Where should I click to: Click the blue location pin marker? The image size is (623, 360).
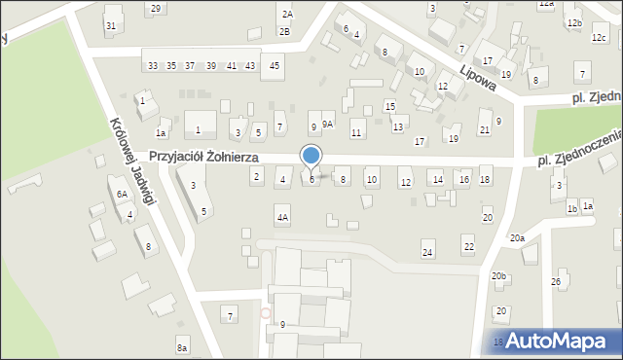311,157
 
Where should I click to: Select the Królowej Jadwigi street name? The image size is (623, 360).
133,162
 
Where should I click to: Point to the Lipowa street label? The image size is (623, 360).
480,76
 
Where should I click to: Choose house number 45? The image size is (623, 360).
275,65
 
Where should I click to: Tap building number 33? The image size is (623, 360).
153,65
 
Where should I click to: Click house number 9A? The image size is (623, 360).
328,124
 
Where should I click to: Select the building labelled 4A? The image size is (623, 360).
282,218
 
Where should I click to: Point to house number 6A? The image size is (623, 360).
123,195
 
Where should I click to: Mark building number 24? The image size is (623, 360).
427,253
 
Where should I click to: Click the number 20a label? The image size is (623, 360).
517,237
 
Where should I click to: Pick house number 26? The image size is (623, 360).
556,282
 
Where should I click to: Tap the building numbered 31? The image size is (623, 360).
112,24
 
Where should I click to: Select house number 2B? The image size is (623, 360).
284,31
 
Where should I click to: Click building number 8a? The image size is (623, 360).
182,347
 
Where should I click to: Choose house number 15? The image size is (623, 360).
389,106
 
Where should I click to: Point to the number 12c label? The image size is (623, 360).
598,38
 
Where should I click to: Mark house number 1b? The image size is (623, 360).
572,208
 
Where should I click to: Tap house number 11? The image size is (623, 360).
357,132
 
